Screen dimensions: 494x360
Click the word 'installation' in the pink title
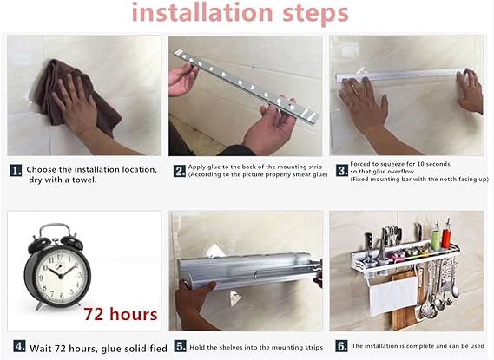pyautogui.click(x=202, y=12)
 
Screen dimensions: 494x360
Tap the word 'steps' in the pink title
pyautogui.click(x=315, y=14)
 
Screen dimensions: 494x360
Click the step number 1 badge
pyautogui.click(x=16, y=170)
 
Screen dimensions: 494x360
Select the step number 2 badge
pyautogui.click(x=180, y=171)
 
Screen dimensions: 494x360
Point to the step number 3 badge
pyautogui.click(x=342, y=170)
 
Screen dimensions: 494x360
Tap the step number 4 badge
pyautogui.click(x=19, y=346)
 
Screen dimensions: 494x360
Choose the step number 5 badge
pyautogui.click(x=181, y=346)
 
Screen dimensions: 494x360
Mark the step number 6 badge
pyautogui.click(x=341, y=346)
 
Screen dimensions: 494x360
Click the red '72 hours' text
pyautogui.click(x=121, y=314)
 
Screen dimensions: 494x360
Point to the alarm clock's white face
pyautogui.click(x=59, y=275)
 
